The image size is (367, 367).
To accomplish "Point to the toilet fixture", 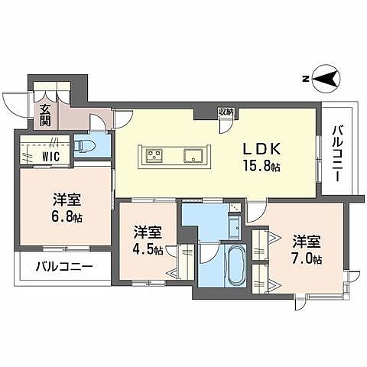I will (86, 145).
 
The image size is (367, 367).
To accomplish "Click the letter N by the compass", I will (304, 78).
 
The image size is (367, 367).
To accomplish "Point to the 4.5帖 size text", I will (148, 249).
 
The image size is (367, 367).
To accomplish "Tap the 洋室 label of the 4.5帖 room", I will (148, 232).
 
